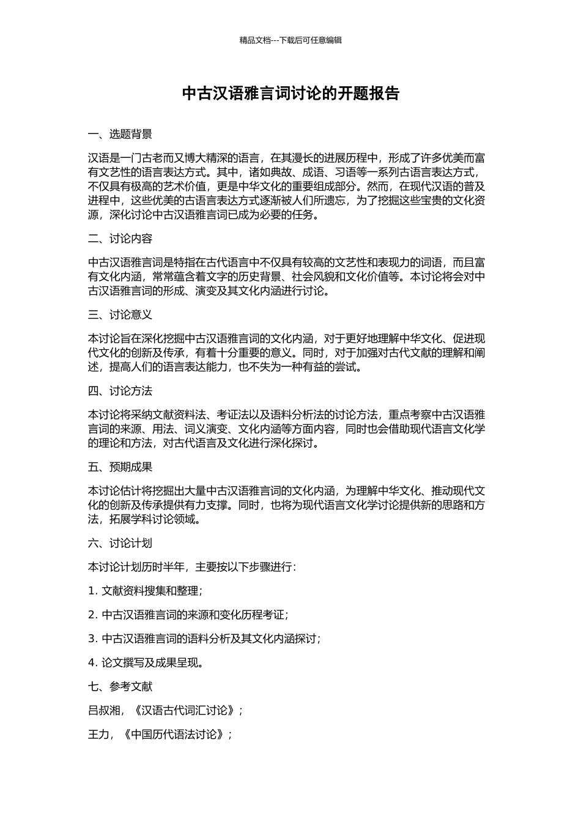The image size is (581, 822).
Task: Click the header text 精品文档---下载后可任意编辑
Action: [290, 40]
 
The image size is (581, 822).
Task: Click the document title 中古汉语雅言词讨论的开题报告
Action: [290, 94]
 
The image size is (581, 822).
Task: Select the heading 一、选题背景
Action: [120, 135]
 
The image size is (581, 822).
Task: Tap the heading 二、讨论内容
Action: [120, 239]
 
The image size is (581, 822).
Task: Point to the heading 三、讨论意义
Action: [120, 315]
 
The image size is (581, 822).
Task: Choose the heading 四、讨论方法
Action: [120, 391]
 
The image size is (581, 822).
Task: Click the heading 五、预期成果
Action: [120, 467]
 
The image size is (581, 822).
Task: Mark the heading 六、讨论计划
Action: [120, 543]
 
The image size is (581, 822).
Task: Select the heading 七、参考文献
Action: [120, 687]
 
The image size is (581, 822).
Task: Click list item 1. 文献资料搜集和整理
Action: [145, 591]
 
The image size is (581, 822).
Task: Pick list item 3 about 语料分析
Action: [204, 639]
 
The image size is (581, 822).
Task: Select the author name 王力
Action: [98, 735]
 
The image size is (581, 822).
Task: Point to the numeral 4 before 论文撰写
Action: [92, 662]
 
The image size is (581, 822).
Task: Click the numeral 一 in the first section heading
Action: [93, 135]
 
